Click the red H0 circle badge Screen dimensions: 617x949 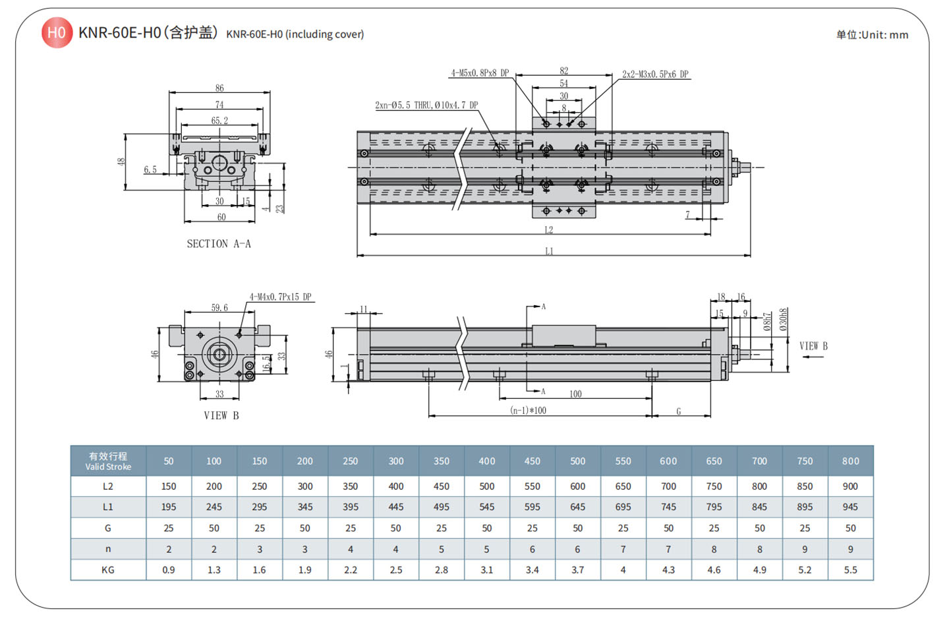click(57, 33)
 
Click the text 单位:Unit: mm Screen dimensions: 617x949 click(872, 35)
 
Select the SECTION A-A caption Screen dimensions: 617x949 click(219, 244)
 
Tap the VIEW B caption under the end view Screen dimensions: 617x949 click(221, 415)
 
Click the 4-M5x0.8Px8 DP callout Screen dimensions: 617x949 click(480, 73)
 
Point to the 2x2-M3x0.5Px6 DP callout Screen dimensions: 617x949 click(655, 74)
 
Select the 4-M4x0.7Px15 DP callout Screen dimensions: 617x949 click(280, 297)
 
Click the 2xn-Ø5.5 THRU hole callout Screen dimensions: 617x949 click(426, 105)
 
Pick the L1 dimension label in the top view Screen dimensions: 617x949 click(549, 251)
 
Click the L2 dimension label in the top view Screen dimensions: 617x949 click(548, 230)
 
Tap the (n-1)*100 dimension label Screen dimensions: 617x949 click(529, 411)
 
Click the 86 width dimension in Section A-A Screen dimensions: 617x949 click(219, 88)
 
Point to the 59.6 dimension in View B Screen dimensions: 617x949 click(219, 308)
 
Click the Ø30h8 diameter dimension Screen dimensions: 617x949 click(784, 319)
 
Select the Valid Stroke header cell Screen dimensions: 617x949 click(108, 461)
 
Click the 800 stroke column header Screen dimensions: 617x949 click(850, 461)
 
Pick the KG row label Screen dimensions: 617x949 click(108, 570)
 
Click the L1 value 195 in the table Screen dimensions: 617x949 click(169, 507)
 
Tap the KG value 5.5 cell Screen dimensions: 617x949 click(850, 570)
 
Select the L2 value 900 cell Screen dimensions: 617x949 click(850, 486)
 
